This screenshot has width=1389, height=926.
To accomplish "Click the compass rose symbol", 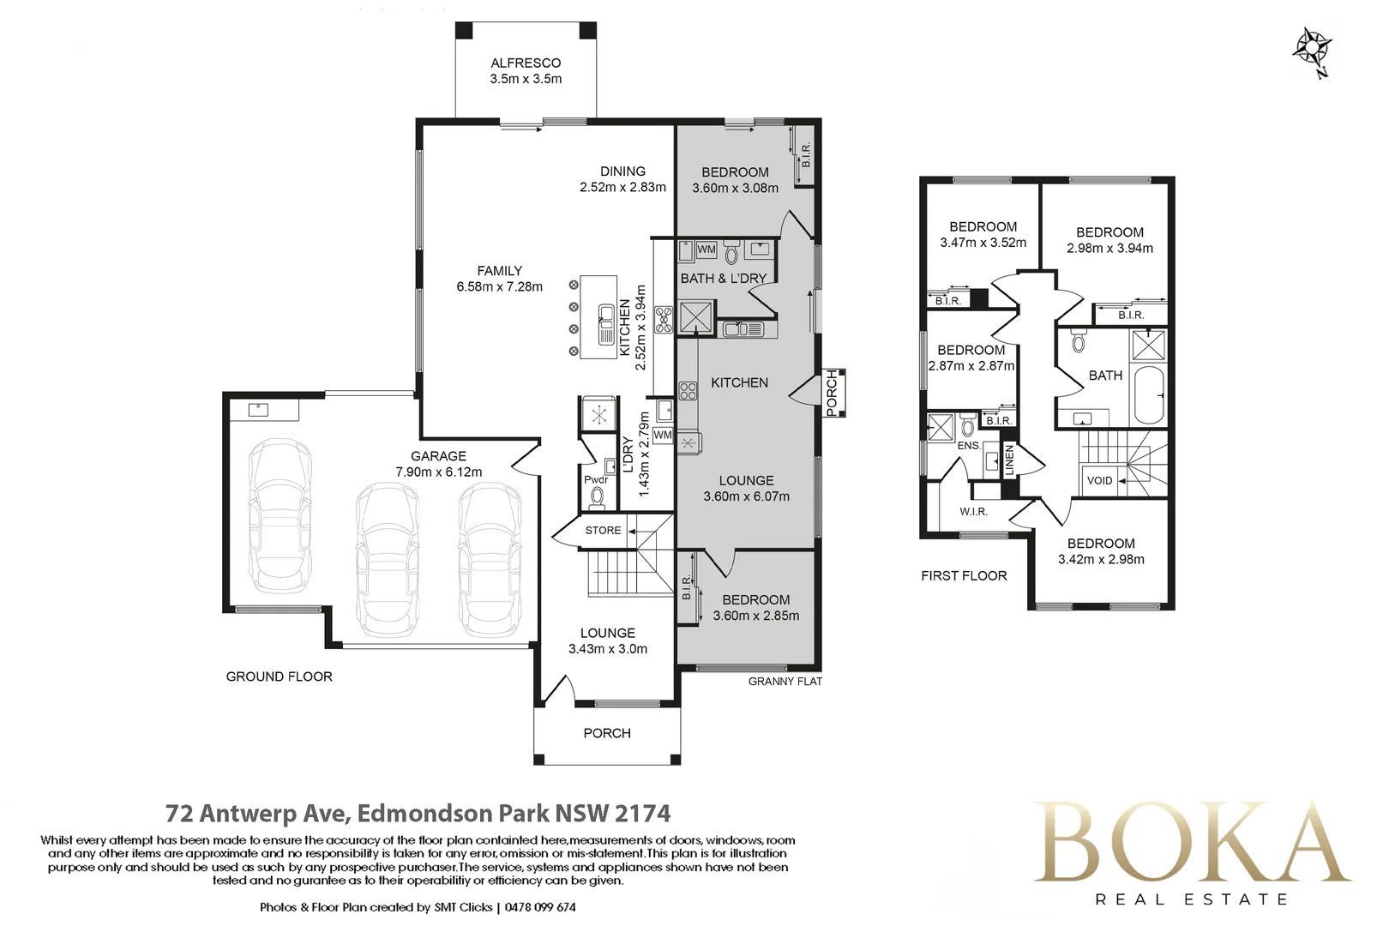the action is (x=1313, y=51).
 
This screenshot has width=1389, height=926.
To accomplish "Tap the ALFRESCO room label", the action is (x=526, y=63).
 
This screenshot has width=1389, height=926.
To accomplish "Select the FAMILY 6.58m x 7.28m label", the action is (x=500, y=279).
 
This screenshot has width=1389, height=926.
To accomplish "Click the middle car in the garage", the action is (x=388, y=560).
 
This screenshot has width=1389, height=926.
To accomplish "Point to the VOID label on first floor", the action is (x=1100, y=481).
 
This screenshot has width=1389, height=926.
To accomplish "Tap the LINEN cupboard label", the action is (x=1009, y=460).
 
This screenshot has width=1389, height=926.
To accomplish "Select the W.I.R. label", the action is (x=973, y=513).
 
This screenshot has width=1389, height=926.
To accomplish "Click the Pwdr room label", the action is (x=596, y=479).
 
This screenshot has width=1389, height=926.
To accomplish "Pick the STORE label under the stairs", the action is (x=603, y=530).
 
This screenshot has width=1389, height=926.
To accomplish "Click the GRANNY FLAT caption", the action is (x=785, y=682).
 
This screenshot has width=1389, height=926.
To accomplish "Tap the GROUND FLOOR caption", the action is (x=279, y=676).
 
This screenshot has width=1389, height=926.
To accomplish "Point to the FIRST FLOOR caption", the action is (x=964, y=576).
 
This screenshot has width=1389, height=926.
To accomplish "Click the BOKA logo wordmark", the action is (x=1194, y=842).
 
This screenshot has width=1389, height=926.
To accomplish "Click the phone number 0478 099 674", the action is (x=540, y=907).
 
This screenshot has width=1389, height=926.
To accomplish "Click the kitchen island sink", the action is (x=606, y=324).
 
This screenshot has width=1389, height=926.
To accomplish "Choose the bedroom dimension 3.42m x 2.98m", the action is (x=1101, y=559).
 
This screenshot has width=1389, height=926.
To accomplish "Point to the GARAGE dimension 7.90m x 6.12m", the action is (x=438, y=472).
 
